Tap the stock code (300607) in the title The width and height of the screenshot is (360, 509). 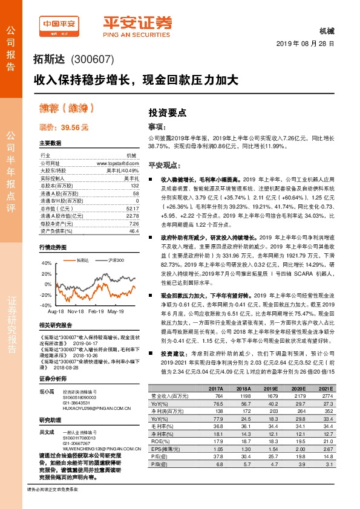click(x=93, y=60)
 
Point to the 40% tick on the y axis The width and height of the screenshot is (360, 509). click(x=47, y=263)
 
